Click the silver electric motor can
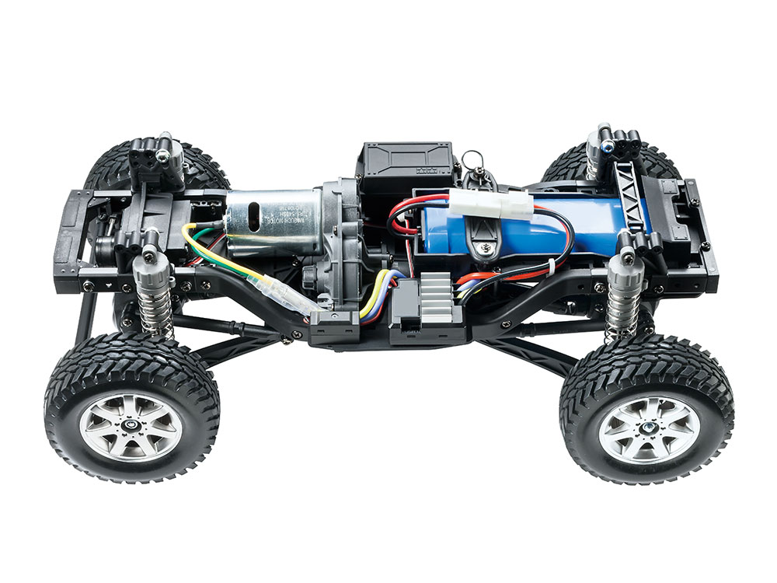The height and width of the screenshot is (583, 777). click(272, 222)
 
